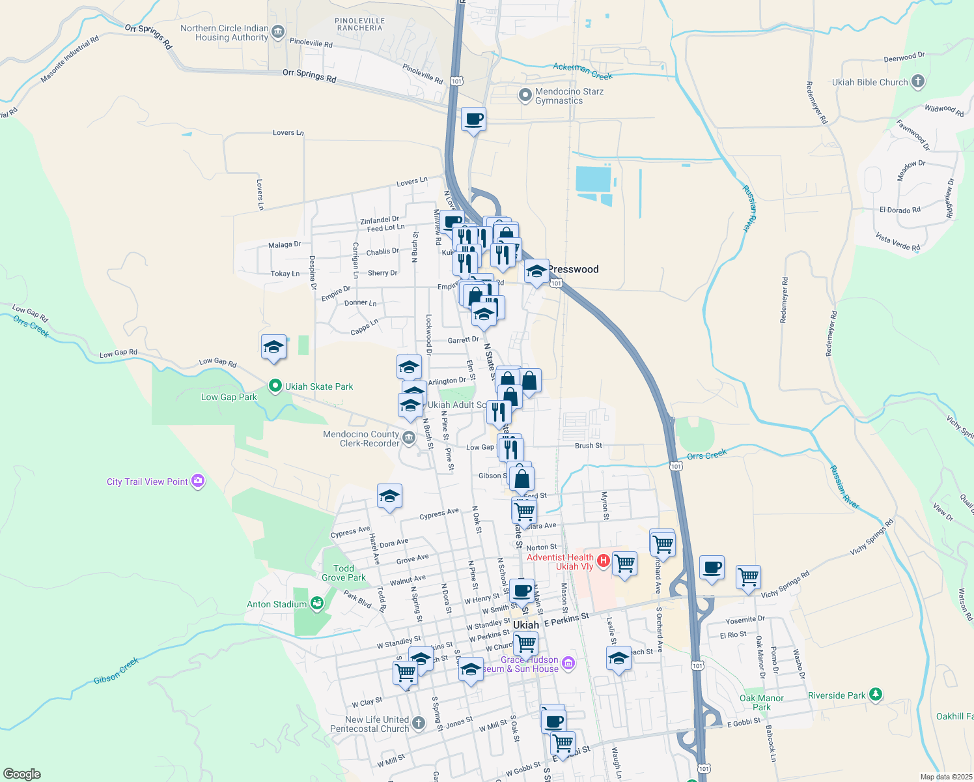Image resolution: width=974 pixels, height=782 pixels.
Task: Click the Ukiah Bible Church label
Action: click(x=869, y=82)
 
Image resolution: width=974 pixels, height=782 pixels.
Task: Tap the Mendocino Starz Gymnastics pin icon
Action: click(x=525, y=96)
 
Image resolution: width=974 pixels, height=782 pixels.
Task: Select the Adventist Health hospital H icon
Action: click(x=603, y=560)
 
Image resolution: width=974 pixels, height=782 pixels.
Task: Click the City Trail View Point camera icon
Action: click(x=198, y=482)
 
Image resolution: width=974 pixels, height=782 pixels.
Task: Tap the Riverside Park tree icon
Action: click(x=876, y=695)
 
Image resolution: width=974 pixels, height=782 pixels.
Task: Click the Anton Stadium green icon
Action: click(x=317, y=603)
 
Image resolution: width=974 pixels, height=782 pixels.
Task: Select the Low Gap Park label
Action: click(x=229, y=397)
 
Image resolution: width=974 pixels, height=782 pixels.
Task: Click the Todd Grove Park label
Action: click(x=344, y=573)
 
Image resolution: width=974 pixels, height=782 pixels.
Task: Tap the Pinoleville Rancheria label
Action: click(x=359, y=25)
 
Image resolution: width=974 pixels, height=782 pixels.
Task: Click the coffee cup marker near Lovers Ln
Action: click(x=473, y=119)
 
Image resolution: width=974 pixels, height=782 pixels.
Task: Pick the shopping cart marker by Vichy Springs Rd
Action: click(x=748, y=576)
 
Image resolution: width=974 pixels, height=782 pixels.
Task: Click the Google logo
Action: click(x=21, y=774)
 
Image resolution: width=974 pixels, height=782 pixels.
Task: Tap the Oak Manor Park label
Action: click(x=761, y=702)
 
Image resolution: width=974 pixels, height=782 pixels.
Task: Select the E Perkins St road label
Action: click(x=566, y=620)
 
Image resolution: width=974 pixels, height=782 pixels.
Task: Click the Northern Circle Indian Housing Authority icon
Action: click(x=278, y=31)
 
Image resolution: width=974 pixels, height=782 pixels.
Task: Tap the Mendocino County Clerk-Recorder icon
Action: click(x=409, y=438)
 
